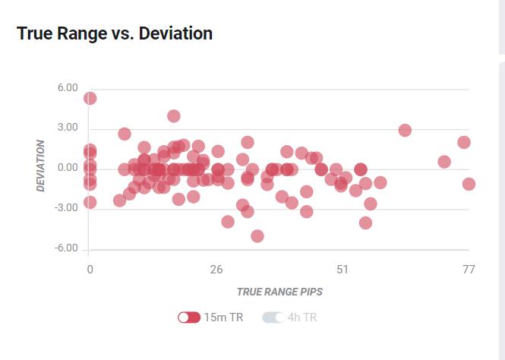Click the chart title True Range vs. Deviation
coord(114,34)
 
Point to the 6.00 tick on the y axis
coord(68,88)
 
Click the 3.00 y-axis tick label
coord(68,128)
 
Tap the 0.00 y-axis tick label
coord(68,168)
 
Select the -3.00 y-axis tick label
coord(66,208)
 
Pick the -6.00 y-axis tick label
coord(66,248)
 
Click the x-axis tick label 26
coord(216,270)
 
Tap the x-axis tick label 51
coord(342,270)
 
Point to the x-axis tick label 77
coord(469,270)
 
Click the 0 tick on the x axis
coord(90,270)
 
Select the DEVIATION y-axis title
coord(41,165)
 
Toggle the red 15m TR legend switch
coord(189,317)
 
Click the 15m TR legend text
coord(223,317)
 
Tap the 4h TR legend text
coord(302,317)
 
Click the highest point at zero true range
coord(90,98)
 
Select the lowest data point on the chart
coord(257,236)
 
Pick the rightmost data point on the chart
coord(469,184)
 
